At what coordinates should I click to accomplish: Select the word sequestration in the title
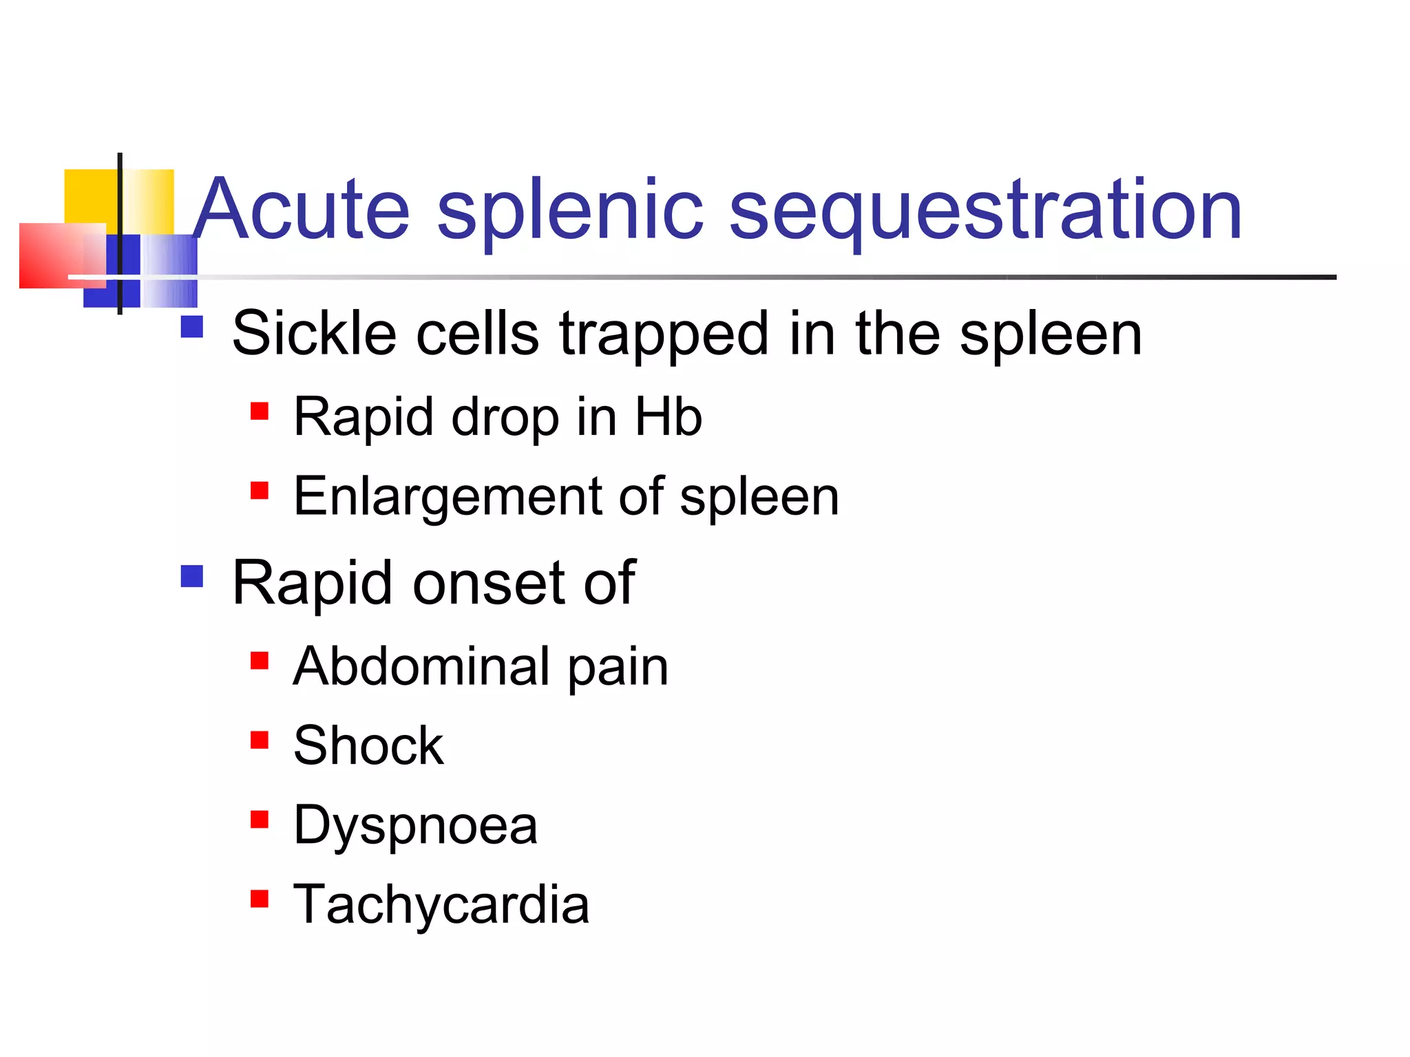pos(985,210)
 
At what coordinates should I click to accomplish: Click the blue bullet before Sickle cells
pos(191,326)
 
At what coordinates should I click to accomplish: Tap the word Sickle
pos(314,333)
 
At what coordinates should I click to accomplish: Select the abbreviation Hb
pos(668,416)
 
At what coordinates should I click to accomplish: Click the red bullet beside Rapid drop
pos(259,412)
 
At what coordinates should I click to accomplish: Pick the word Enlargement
pos(448,497)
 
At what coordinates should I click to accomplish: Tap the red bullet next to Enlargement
pos(259,491)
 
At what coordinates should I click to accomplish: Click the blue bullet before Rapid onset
pos(191,576)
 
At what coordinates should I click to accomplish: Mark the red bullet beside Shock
pos(259,740)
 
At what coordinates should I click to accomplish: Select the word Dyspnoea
pos(415,826)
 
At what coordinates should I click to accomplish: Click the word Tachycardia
pos(441,904)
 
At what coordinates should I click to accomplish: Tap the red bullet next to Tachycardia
pos(259,899)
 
